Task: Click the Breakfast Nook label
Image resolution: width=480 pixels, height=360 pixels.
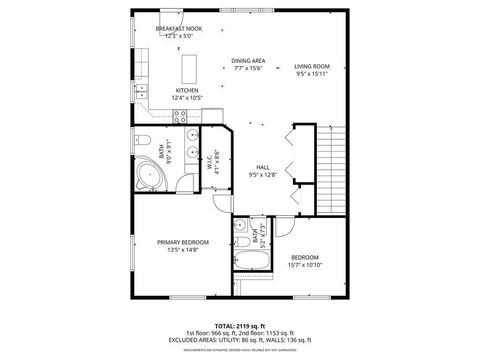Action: click(x=179, y=28)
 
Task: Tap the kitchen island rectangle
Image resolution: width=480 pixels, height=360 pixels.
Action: click(x=188, y=68)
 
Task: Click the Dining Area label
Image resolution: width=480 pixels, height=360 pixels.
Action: click(x=248, y=60)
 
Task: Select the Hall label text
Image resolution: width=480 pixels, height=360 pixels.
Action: click(x=263, y=167)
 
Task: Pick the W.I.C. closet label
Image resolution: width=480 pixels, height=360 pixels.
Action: click(x=210, y=161)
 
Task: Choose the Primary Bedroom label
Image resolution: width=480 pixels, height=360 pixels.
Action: click(x=183, y=242)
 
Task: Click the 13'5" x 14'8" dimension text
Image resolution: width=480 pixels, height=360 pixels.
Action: click(x=183, y=251)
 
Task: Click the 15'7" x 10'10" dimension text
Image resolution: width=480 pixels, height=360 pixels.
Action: click(x=305, y=265)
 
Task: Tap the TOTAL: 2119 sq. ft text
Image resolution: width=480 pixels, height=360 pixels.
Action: click(x=239, y=325)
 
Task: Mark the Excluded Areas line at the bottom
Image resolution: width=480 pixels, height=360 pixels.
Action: click(x=239, y=342)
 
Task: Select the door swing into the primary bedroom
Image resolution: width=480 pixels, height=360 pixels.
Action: click(x=221, y=204)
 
